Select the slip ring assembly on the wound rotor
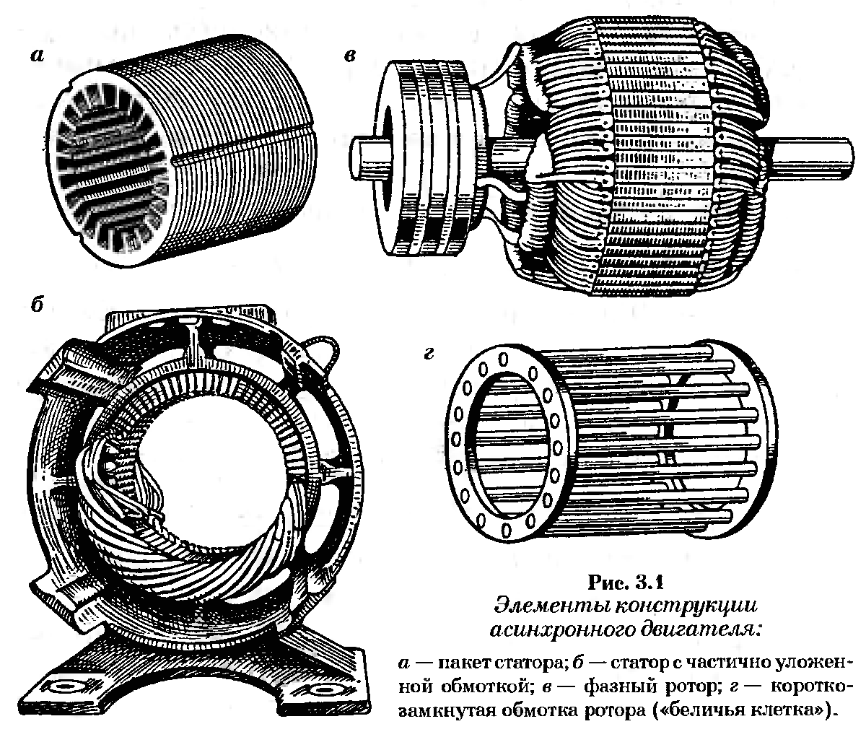(x=426, y=159)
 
